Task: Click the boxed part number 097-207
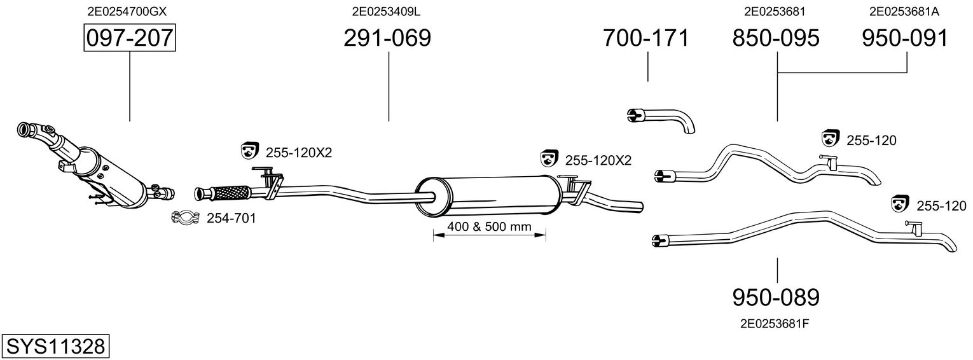pyautogui.click(x=130, y=38)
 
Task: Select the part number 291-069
pyautogui.click(x=387, y=38)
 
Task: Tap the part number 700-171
pyautogui.click(x=646, y=38)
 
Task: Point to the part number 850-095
pyautogui.click(x=776, y=38)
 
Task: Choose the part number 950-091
pyautogui.click(x=905, y=38)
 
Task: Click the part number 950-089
pyautogui.click(x=776, y=298)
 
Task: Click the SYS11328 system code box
pyautogui.click(x=55, y=347)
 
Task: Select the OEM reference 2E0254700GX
pyautogui.click(x=127, y=11)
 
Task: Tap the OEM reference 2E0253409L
pyautogui.click(x=386, y=11)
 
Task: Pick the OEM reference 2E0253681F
pyautogui.click(x=775, y=324)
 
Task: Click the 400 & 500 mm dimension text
pyautogui.click(x=490, y=226)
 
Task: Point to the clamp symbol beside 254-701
pyautogui.click(x=186, y=217)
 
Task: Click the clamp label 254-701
pyautogui.click(x=231, y=218)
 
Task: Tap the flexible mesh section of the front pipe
pyautogui.click(x=231, y=193)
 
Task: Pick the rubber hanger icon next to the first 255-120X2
pyautogui.click(x=250, y=150)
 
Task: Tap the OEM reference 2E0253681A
pyautogui.click(x=904, y=11)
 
